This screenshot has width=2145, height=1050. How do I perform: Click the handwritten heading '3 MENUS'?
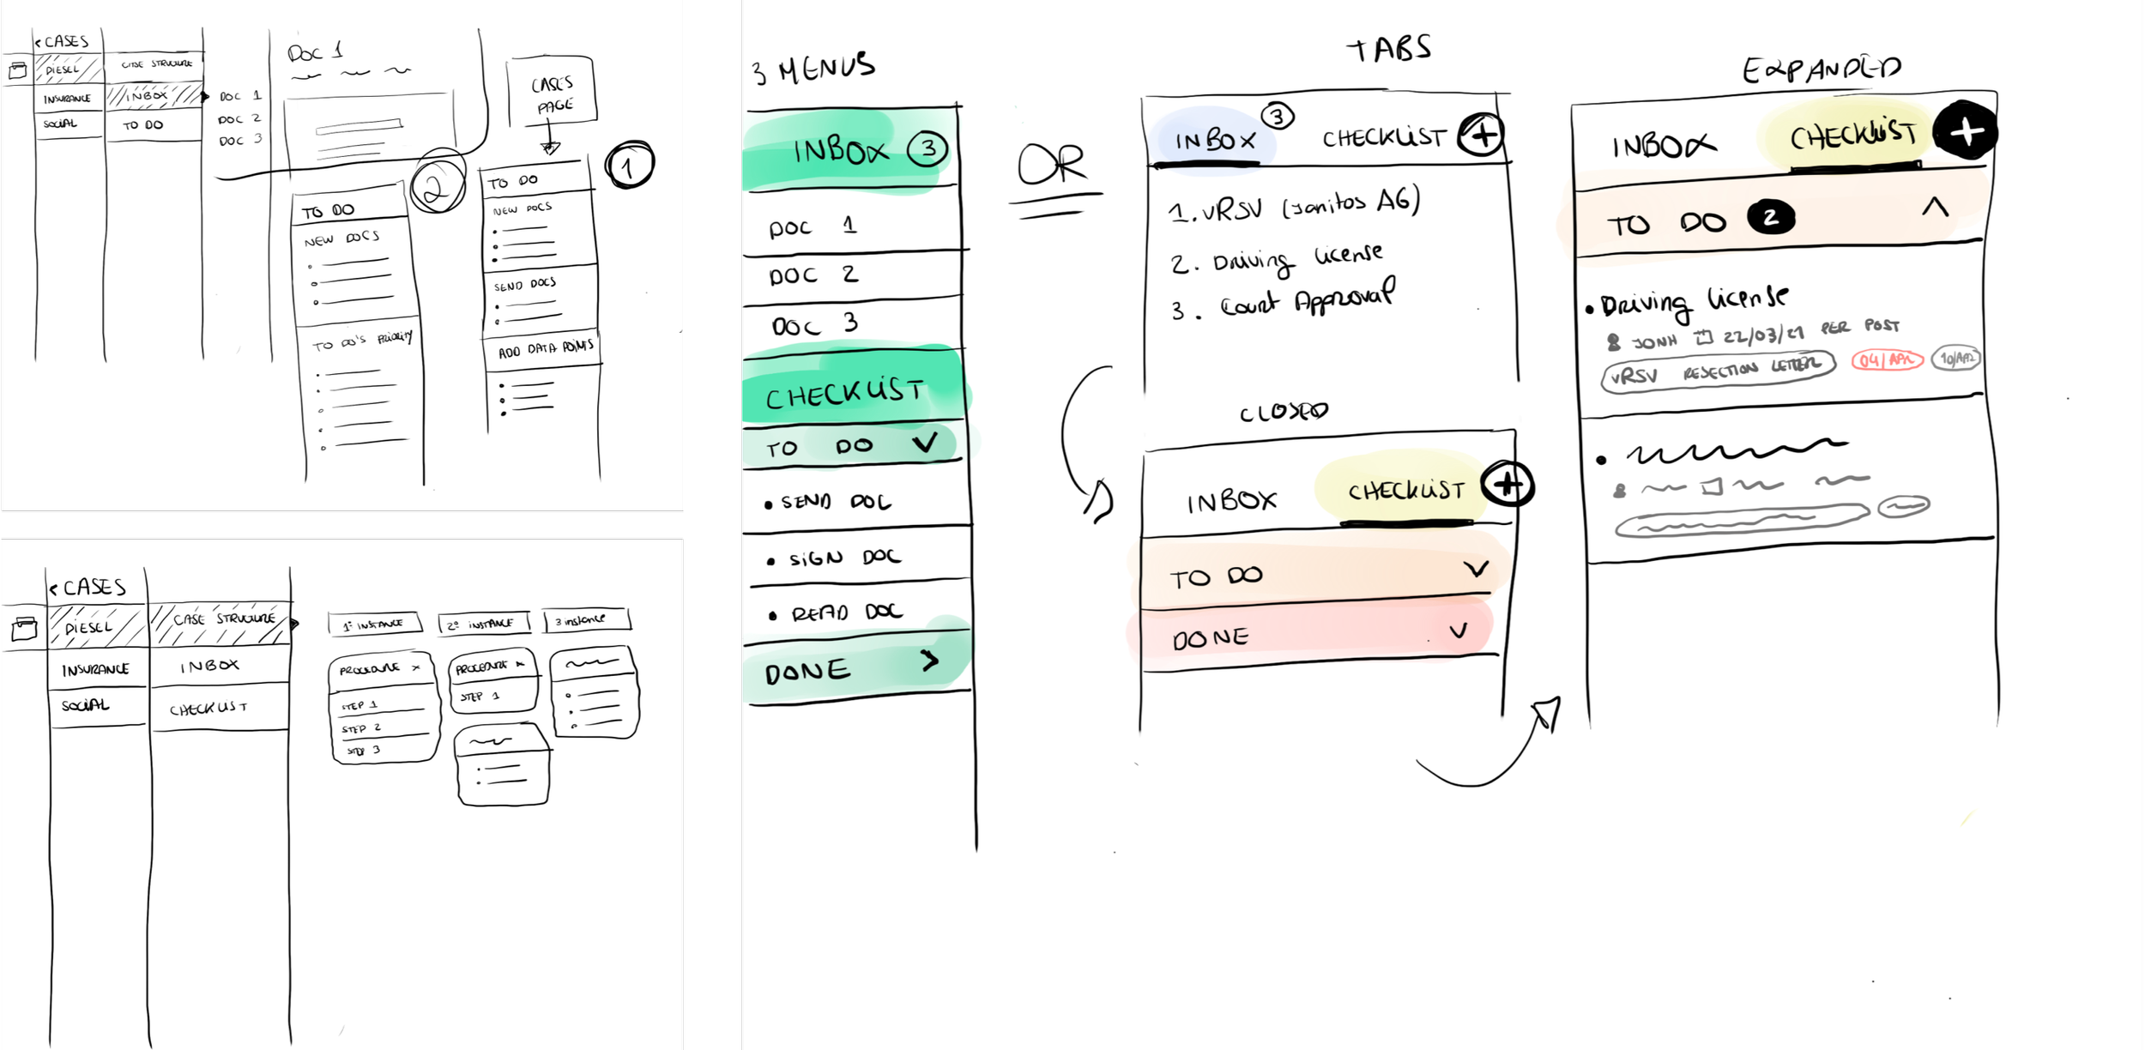coord(813,69)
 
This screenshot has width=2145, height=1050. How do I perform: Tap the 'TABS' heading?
coord(1389,49)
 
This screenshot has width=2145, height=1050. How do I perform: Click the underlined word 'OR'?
coord(1052,165)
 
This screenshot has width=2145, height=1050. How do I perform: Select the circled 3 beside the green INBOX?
coord(928,148)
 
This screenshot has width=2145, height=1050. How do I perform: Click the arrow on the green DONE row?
coord(930,661)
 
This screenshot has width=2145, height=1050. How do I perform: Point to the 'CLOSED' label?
coord(1284,413)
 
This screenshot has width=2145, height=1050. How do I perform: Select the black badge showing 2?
coord(1770,218)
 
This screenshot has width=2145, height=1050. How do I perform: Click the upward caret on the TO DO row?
coord(1935,208)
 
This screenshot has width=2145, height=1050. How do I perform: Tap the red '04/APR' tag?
coord(1887,359)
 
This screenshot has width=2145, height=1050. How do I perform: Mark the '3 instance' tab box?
coord(587,620)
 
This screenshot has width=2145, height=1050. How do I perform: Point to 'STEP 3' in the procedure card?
coord(365,751)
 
